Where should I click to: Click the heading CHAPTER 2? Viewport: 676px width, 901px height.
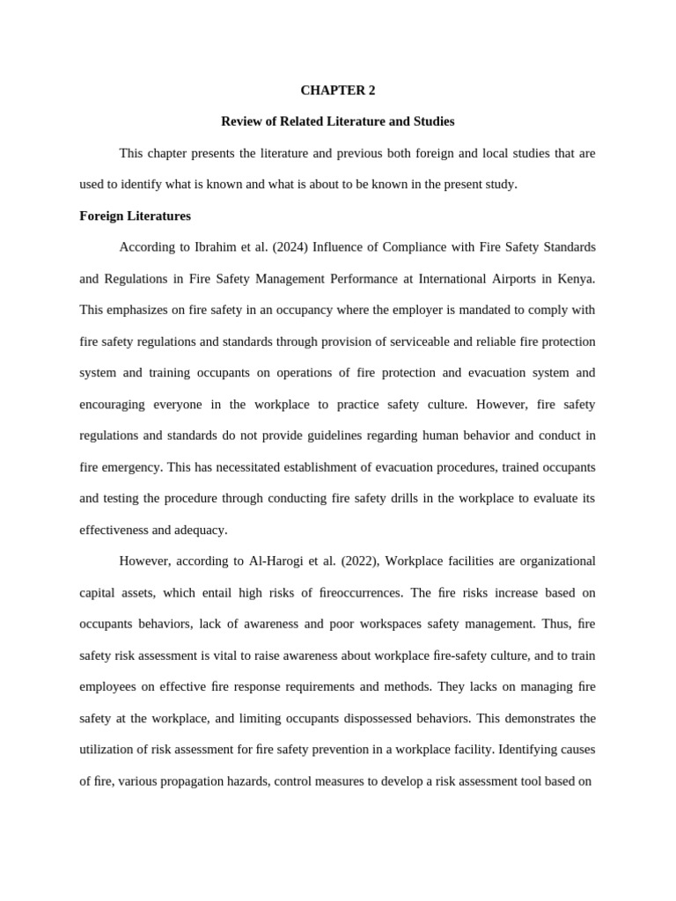pyautogui.click(x=337, y=90)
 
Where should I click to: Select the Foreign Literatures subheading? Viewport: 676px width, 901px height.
pyautogui.click(x=135, y=216)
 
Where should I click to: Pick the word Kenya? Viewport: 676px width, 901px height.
pyautogui.click(x=575, y=279)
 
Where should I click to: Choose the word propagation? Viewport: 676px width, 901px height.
pyautogui.click(x=187, y=781)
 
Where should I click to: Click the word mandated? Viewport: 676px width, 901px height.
pyautogui.click(x=445, y=310)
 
